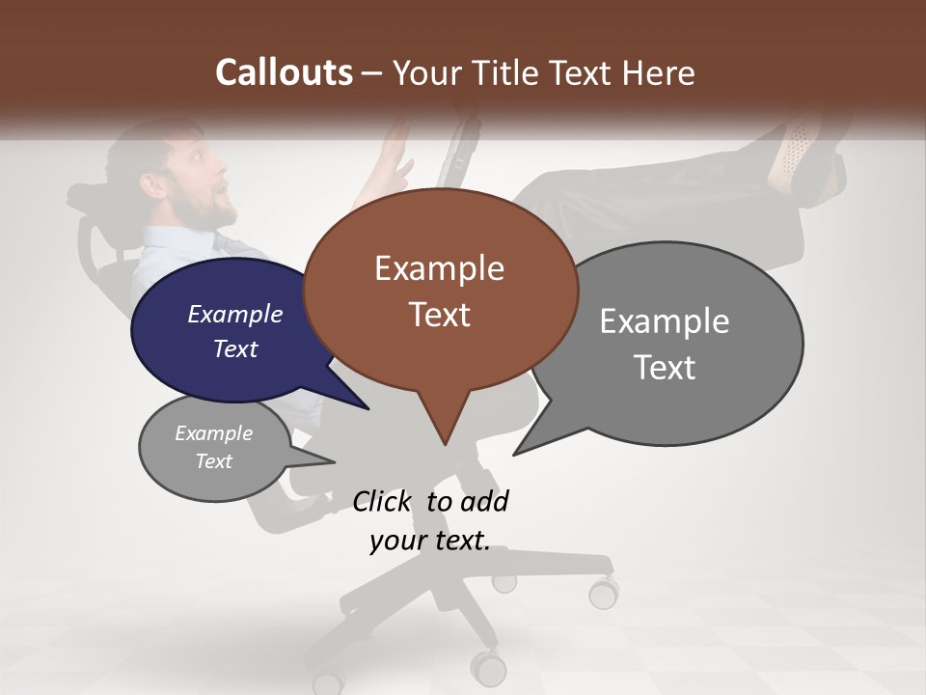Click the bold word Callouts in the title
[284, 72]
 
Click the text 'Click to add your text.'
[429, 520]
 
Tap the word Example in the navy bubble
[234, 314]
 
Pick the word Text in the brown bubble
[440, 314]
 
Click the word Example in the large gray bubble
[664, 321]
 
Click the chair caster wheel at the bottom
[489, 667]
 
